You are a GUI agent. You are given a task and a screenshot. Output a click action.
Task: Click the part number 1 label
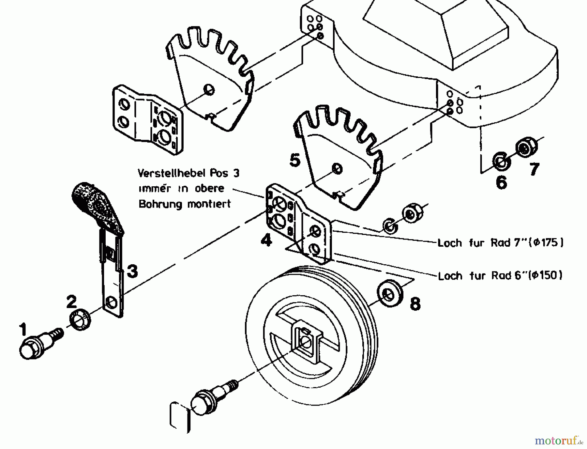coord(23,330)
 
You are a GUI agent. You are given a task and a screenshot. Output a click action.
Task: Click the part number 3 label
coord(132,271)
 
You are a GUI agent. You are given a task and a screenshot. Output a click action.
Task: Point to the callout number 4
coord(266,241)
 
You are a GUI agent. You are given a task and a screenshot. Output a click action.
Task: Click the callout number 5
coord(295,161)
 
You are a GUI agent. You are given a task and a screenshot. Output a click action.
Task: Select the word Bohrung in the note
coord(159,204)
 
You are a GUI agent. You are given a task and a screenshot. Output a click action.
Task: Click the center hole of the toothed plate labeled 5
coord(337,169)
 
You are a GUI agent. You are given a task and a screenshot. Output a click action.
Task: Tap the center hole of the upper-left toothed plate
coord(209,89)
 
